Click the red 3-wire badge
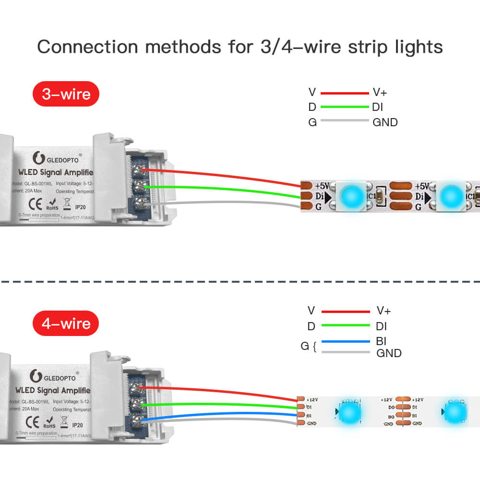(x=66, y=94)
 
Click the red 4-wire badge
(x=66, y=324)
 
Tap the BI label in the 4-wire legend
(x=382, y=341)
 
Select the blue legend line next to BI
(x=346, y=342)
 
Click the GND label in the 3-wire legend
(x=385, y=122)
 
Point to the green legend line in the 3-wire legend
(x=344, y=107)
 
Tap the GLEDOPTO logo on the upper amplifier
(x=56, y=157)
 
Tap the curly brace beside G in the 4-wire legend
(x=314, y=347)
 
